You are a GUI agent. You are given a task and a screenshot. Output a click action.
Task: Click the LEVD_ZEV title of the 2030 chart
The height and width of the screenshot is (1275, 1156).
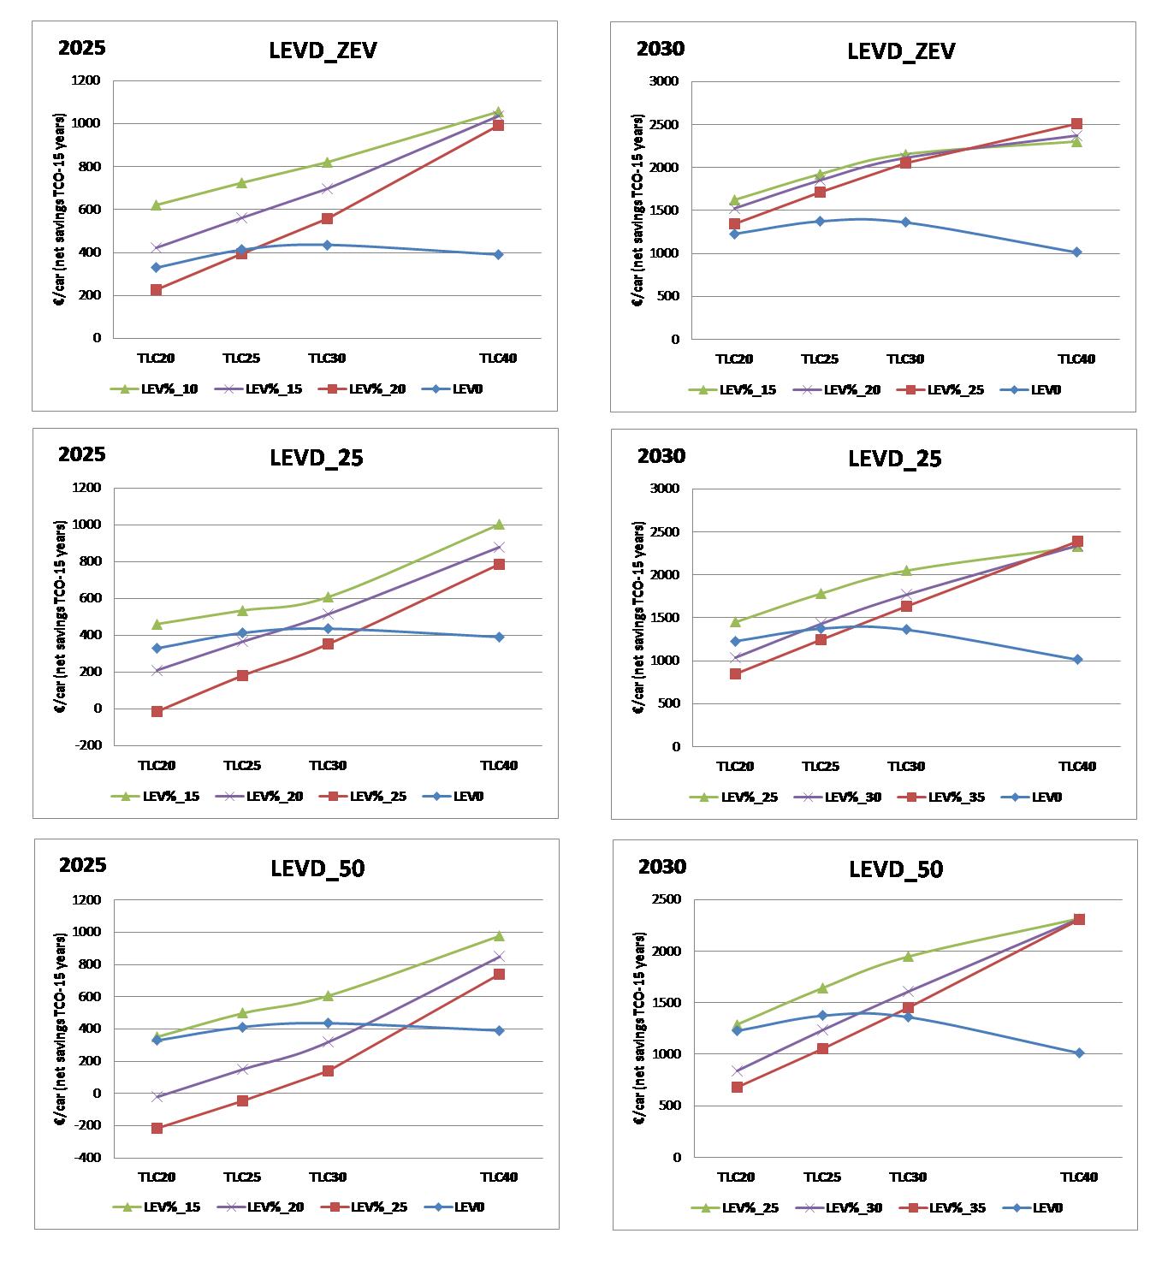pyautogui.click(x=901, y=51)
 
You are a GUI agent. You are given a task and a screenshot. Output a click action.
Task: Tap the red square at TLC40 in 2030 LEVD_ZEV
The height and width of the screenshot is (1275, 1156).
pyautogui.click(x=1076, y=124)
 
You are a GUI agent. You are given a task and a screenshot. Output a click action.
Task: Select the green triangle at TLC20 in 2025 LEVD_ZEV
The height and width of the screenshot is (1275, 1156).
pyautogui.click(x=156, y=205)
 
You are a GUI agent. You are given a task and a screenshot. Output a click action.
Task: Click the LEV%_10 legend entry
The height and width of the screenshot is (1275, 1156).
pyautogui.click(x=154, y=389)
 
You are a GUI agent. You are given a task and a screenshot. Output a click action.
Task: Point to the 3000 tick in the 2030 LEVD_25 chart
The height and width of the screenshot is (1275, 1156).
pyautogui.click(x=665, y=489)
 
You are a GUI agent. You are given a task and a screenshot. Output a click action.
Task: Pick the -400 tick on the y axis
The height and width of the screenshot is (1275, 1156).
pyautogui.click(x=88, y=1157)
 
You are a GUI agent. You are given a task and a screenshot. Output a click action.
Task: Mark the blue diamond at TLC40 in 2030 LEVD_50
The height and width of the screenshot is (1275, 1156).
pyautogui.click(x=1079, y=1053)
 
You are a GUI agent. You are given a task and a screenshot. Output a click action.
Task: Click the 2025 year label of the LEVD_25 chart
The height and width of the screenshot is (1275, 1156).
pyautogui.click(x=82, y=454)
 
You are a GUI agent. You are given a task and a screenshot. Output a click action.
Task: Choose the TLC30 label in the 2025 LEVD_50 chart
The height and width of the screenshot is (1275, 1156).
pyautogui.click(x=328, y=1177)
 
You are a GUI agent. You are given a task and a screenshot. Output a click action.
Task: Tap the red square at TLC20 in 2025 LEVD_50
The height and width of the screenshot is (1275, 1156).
pyautogui.click(x=157, y=1128)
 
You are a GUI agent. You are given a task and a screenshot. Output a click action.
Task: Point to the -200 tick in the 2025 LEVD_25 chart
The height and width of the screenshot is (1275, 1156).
pyautogui.click(x=88, y=744)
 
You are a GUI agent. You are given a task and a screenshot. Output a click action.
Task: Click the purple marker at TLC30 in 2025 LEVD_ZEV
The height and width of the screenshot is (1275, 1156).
pyautogui.click(x=327, y=188)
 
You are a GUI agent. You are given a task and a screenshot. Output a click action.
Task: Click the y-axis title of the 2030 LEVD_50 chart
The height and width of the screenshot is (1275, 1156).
pyautogui.click(x=639, y=1028)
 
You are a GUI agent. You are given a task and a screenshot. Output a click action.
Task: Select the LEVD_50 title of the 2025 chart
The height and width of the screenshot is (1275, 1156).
pyautogui.click(x=317, y=869)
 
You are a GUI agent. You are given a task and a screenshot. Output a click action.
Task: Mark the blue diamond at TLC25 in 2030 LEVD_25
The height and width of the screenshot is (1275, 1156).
pyautogui.click(x=821, y=629)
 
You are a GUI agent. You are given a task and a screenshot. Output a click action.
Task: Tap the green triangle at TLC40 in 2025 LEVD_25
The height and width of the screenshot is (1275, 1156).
pyautogui.click(x=499, y=525)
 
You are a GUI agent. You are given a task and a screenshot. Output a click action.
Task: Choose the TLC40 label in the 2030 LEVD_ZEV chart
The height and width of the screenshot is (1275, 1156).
pyautogui.click(x=1076, y=359)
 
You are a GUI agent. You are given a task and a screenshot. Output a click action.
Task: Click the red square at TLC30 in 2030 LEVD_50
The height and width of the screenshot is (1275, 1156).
pyautogui.click(x=908, y=1007)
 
